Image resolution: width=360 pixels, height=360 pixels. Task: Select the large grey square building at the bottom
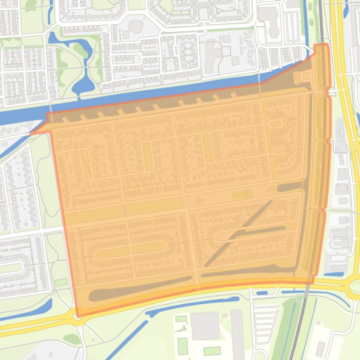click(x=205, y=326)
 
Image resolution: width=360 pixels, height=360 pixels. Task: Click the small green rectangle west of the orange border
click(x=60, y=282)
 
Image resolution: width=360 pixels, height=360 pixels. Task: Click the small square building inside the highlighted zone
click(x=249, y=194)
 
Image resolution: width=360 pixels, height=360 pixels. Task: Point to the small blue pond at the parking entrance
click(x=263, y=293)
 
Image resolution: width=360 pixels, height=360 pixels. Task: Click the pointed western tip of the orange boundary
click(x=31, y=134)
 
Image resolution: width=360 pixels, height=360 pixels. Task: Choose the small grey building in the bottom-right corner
click(x=320, y=348)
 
